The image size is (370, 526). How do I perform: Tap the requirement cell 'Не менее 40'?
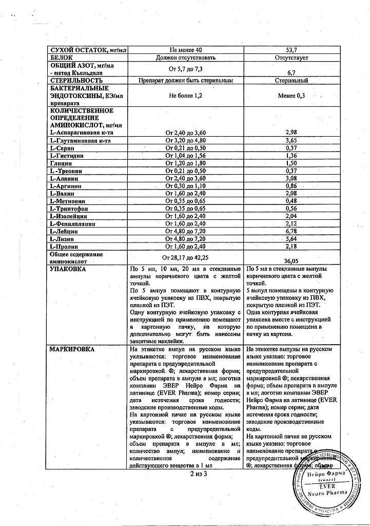click(186, 49)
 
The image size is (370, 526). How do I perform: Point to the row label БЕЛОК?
click(62, 58)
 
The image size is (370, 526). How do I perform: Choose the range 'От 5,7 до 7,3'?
click(186, 69)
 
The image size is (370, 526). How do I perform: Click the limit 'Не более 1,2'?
click(186, 96)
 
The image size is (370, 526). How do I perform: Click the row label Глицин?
click(62, 163)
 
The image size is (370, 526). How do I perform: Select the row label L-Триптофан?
click(71, 209)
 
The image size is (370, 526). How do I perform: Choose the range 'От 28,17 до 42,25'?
click(186, 257)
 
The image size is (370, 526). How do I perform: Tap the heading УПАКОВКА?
click(67, 269)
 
